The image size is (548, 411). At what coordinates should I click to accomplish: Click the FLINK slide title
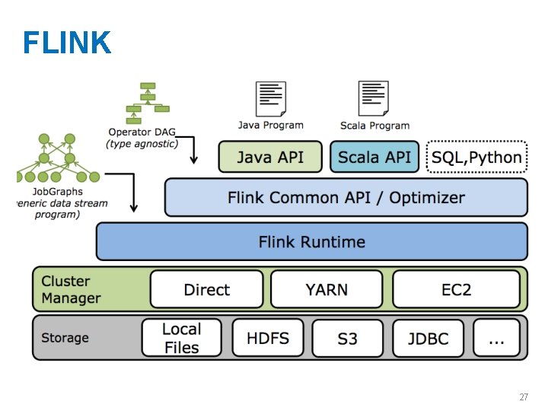tap(67, 43)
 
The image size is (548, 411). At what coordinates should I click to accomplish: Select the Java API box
tap(269, 158)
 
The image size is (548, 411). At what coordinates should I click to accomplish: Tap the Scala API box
tap(374, 158)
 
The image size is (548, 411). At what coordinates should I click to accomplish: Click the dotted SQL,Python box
tap(476, 158)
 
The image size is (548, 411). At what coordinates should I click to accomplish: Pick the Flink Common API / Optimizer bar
tap(346, 198)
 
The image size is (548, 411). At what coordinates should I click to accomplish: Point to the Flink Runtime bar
tap(311, 242)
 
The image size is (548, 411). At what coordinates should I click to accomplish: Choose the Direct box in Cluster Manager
tap(206, 289)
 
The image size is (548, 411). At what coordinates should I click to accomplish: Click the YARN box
tap(327, 289)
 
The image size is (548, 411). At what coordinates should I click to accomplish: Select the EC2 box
tap(456, 289)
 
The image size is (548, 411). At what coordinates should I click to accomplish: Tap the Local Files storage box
tap(181, 338)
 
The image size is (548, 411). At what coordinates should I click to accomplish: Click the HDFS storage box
tap(267, 338)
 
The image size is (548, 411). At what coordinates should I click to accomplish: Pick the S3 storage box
tap(347, 338)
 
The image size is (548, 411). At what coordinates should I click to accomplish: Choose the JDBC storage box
tap(428, 338)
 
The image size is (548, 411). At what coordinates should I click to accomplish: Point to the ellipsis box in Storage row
tap(496, 338)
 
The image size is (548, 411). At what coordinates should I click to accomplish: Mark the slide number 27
tap(524, 397)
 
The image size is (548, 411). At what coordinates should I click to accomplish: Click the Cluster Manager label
tap(71, 289)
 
